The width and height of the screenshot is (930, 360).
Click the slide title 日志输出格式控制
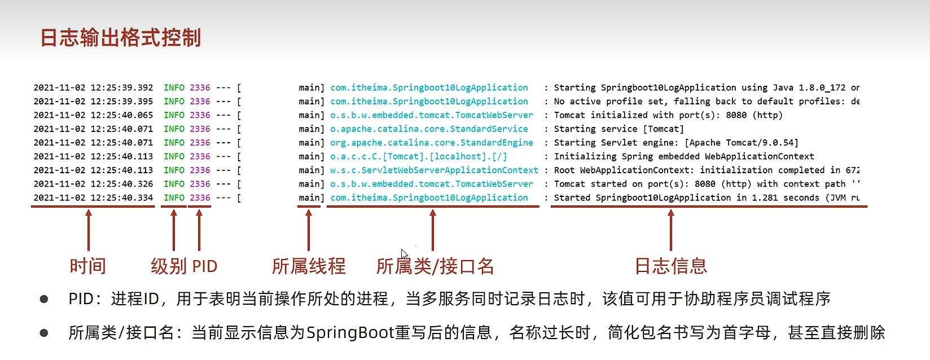click(121, 38)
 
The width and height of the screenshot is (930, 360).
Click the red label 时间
click(88, 266)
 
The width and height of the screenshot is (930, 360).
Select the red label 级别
click(168, 266)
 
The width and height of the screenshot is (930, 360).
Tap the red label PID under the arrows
click(204, 266)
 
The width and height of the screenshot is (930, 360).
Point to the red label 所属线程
click(309, 266)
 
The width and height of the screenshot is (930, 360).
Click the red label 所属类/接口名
click(435, 266)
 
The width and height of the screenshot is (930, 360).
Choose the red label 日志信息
click(670, 266)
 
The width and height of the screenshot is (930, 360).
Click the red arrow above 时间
click(89, 229)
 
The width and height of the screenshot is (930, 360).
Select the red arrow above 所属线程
click(309, 229)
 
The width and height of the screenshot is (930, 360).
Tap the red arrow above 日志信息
click(671, 229)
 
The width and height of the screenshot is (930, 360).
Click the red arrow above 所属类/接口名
click(433, 229)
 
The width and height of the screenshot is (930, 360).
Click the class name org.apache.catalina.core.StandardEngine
click(432, 143)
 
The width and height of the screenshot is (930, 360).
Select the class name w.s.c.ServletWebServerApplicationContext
click(434, 170)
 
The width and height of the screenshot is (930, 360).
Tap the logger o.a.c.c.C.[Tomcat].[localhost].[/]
click(418, 157)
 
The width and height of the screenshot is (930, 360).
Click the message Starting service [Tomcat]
click(618, 129)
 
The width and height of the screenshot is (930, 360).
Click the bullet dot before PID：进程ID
click(44, 299)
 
